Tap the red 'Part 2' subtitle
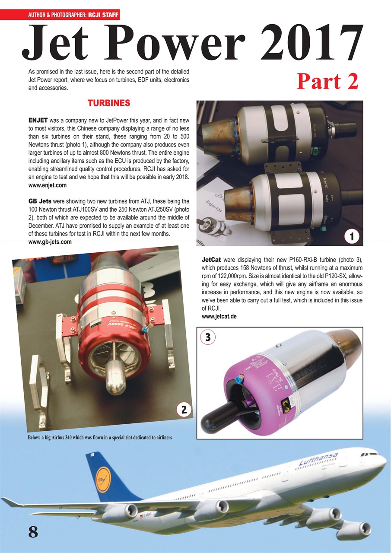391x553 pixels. [327, 81]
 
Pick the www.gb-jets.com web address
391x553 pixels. [50, 242]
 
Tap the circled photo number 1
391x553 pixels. [353, 236]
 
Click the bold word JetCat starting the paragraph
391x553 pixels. [212, 260]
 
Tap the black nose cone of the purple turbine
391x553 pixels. [220, 414]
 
